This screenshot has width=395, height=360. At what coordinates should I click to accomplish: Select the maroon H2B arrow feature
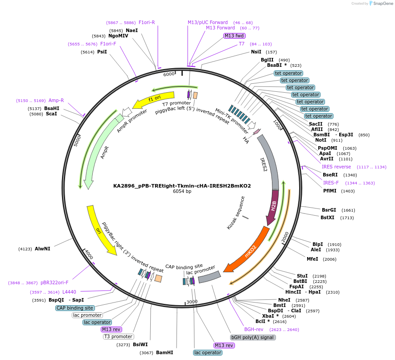[273, 206]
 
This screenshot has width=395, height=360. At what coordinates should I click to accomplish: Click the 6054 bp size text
[182, 192]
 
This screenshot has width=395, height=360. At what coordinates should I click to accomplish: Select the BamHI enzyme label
[164, 352]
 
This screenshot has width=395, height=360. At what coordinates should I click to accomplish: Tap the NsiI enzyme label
[257, 52]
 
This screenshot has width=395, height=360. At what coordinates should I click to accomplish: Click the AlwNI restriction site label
[42, 249]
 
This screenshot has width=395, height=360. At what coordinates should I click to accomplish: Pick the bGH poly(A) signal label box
[253, 337]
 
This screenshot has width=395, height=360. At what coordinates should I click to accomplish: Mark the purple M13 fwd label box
[235, 36]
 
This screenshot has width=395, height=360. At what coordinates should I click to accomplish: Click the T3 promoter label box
[119, 336]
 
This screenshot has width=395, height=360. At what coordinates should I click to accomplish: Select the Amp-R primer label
[56, 100]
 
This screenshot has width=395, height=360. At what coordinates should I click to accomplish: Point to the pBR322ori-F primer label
[54, 282]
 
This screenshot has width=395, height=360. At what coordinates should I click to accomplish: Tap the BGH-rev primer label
[253, 329]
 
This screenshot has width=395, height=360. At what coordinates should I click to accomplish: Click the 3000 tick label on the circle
[192, 302]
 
